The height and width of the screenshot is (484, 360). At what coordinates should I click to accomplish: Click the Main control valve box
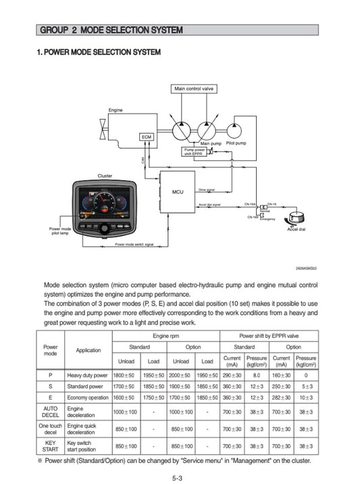pyautogui.click(x=195, y=89)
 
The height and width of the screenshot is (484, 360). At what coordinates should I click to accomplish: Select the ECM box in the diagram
pyautogui.click(x=147, y=137)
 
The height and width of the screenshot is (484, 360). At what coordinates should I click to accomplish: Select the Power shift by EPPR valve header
pyautogui.click(x=269, y=335)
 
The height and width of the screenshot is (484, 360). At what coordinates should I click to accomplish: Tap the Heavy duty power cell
pyautogui.click(x=88, y=374)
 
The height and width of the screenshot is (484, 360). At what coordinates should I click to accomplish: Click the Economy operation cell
pyautogui.click(x=88, y=397)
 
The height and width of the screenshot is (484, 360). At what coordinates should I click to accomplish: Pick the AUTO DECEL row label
pyautogui.click(x=50, y=412)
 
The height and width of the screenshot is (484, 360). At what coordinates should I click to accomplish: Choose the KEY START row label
pyautogui.click(x=50, y=446)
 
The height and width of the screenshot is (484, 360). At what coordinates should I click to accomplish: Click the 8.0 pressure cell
pyautogui.click(x=257, y=374)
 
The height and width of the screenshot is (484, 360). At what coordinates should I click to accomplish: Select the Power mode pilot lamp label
pyautogui.click(x=59, y=231)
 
